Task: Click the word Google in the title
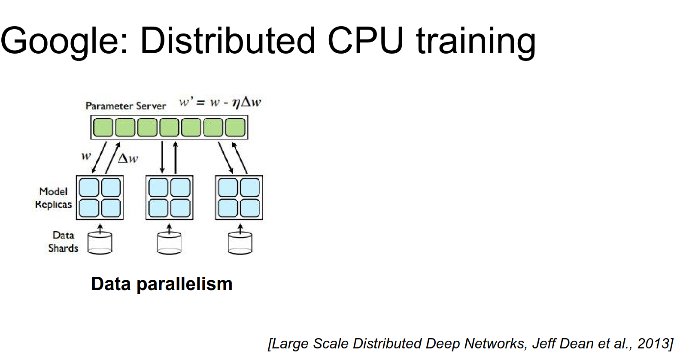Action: click(60, 42)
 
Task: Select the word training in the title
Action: click(476, 42)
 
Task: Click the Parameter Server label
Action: click(125, 106)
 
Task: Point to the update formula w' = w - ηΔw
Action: click(220, 103)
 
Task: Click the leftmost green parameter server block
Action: click(103, 127)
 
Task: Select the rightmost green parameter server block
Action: click(235, 127)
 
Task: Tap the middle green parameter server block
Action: click(169, 127)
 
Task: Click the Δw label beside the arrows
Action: click(128, 158)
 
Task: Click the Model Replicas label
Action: click(53, 198)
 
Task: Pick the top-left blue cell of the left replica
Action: click(89, 188)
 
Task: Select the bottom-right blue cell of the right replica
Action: click(250, 208)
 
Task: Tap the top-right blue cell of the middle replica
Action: click(180, 188)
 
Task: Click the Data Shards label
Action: click(63, 242)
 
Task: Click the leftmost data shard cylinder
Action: click(100, 243)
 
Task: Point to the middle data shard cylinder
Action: click(169, 243)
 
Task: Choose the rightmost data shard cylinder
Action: click(240, 243)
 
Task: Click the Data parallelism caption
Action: click(161, 284)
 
